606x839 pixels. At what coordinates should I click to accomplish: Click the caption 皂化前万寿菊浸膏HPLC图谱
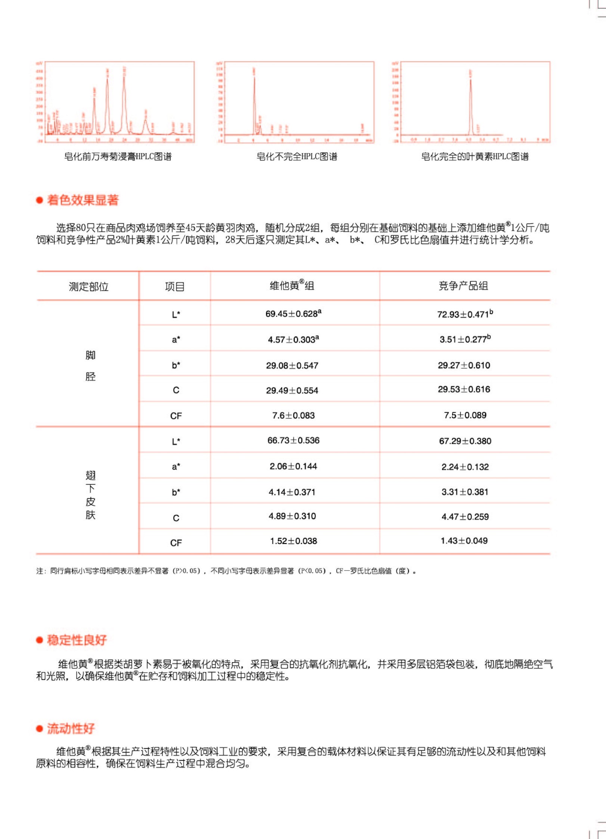[118, 156]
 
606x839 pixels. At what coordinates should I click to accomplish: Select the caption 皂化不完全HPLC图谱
[297, 156]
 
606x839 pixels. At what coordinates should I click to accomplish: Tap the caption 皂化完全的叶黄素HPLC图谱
[474, 156]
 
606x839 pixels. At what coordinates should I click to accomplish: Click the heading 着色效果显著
[83, 200]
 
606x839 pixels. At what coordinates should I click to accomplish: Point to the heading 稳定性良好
[77, 640]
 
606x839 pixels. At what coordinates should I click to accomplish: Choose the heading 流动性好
[71, 728]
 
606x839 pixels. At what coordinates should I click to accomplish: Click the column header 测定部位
[89, 286]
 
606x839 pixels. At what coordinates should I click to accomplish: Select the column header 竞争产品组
[463, 286]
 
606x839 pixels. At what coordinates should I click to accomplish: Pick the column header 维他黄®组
[292, 286]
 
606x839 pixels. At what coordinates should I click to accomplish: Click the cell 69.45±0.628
[293, 314]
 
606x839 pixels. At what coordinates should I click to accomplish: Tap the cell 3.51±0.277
[465, 339]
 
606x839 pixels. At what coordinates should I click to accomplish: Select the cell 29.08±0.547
[292, 365]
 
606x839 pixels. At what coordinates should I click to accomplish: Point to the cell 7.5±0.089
[465, 415]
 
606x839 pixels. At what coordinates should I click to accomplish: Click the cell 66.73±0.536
[293, 440]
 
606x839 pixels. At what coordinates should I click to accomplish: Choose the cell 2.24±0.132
[465, 467]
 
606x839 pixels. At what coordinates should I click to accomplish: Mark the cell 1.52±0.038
[294, 541]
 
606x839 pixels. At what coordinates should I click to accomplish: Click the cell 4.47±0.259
[465, 517]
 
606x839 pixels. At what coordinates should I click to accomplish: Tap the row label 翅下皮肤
[90, 495]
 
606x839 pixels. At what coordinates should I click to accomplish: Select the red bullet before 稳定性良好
[39, 640]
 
